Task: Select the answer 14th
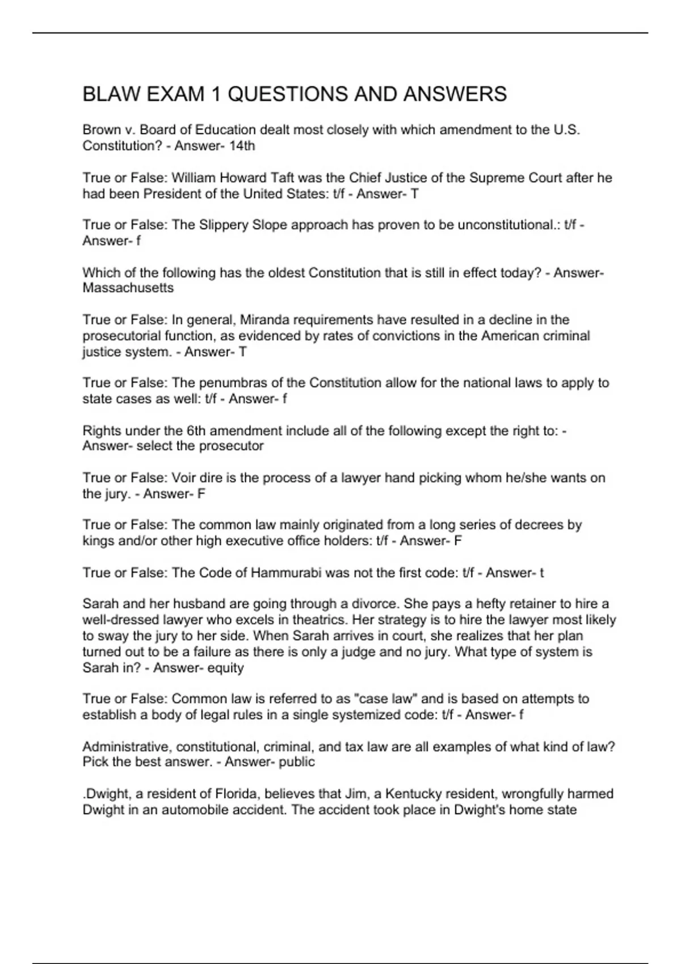click(x=242, y=146)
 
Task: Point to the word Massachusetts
click(x=128, y=288)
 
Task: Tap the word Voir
click(x=184, y=478)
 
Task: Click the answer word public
click(x=297, y=762)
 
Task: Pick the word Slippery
click(x=222, y=225)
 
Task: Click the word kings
click(x=98, y=541)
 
